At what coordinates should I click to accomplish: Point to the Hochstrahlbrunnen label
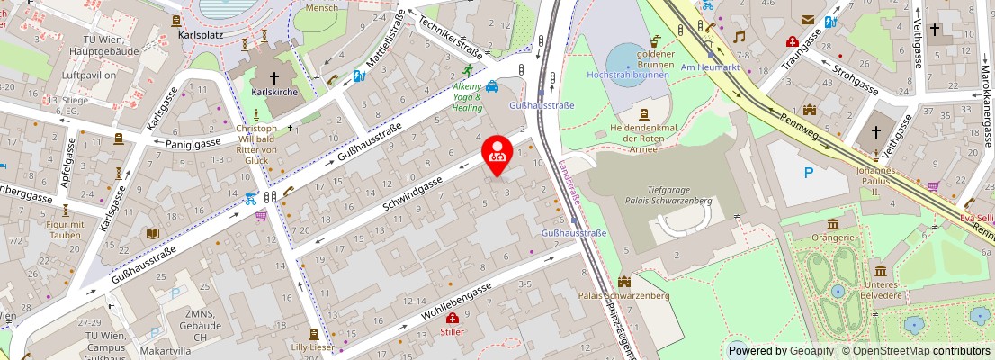pos(626,74)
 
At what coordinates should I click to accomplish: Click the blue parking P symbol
pos(809,173)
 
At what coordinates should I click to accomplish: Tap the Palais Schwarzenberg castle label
pos(623,295)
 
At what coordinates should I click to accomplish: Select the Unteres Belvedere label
pos(883,290)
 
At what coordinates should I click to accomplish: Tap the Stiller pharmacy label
pos(453,331)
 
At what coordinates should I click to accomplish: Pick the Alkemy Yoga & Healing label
pos(467,95)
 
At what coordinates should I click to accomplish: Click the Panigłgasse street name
pos(194,142)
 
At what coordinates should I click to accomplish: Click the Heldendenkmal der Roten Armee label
pos(643,139)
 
